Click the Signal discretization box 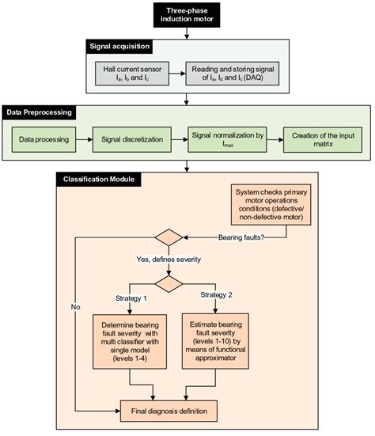[129, 142]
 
